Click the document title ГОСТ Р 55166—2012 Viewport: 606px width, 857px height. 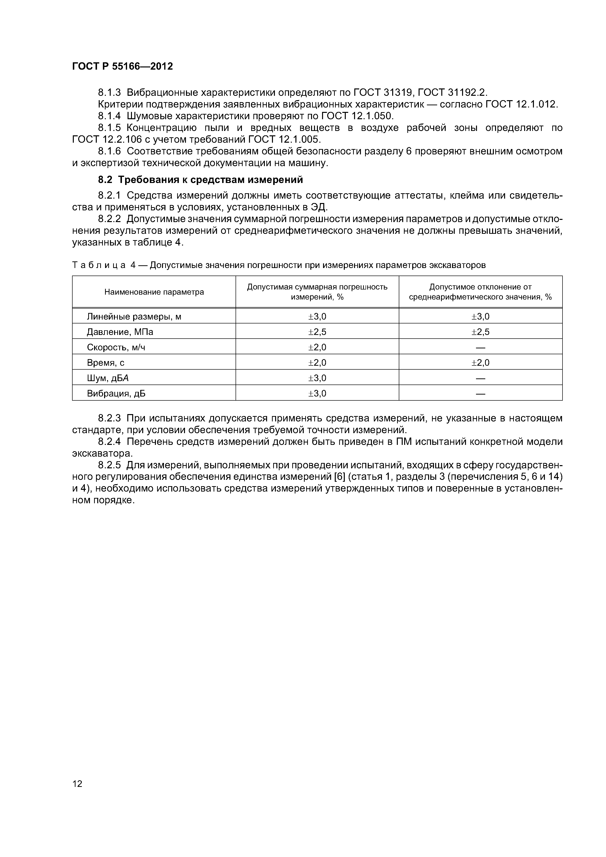(x=122, y=66)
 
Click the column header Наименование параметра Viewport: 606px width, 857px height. (x=154, y=292)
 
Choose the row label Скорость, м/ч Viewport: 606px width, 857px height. (x=116, y=347)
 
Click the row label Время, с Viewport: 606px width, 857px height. (x=106, y=363)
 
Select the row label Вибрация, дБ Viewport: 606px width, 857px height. (x=116, y=393)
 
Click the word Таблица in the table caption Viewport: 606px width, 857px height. (x=98, y=265)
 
